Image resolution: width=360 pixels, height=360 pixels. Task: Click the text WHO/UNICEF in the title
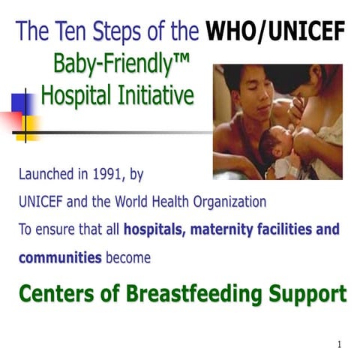coord(275,31)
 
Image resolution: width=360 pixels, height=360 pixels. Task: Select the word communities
coord(59,257)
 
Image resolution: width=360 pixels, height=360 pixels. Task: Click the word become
coord(128,257)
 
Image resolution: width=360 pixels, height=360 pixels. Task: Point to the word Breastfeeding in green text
coord(205,292)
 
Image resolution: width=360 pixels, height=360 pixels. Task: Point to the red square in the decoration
coord(10,118)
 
